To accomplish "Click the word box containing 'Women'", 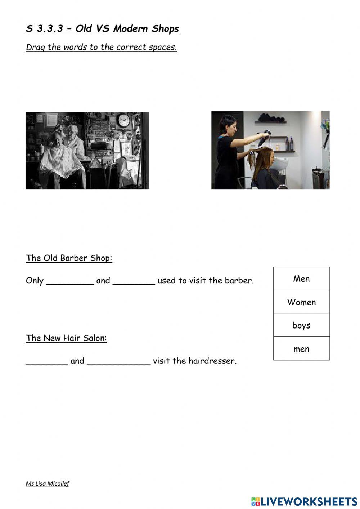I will coord(301,302).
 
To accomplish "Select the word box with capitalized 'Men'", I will coord(301,278).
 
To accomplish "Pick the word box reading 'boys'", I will coord(301,325).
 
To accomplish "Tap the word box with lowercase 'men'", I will coord(301,349).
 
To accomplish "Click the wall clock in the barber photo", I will coord(123,120).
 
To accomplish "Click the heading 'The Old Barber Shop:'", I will coord(69,258).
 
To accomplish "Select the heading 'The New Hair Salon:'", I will coord(66,338).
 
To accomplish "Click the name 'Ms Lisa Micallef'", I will coord(47,483).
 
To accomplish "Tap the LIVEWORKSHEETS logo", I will coord(304,501).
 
